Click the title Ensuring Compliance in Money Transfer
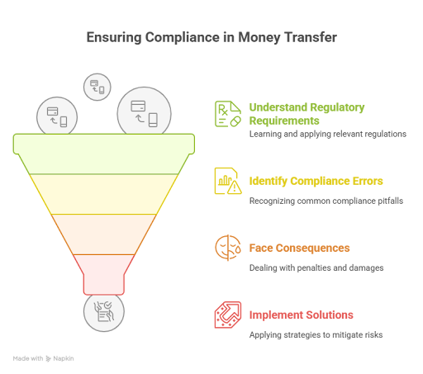[211, 37]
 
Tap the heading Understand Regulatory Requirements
[307, 114]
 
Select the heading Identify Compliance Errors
[316, 181]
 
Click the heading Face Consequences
[299, 248]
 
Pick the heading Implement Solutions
[301, 315]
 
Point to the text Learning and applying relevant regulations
[328, 134]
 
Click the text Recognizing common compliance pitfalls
[326, 201]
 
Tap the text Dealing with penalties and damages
[316, 267]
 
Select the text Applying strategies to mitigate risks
[316, 335]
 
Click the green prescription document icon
[228, 114]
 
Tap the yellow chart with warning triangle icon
[228, 181]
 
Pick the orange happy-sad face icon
[228, 248]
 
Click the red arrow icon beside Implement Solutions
[228, 315]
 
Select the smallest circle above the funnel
[97, 87]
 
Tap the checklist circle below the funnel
[104, 312]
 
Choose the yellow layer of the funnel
[104, 194]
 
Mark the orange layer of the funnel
[104, 234]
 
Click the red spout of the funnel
[104, 275]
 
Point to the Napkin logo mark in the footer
[49, 358]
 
